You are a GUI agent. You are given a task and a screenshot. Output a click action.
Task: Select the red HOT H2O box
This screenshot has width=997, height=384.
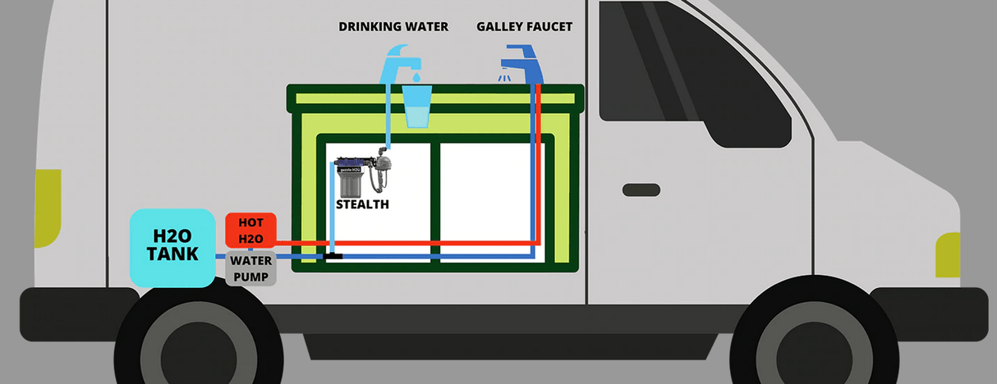250,231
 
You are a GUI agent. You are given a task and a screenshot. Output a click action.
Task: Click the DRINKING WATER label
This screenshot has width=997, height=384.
393,27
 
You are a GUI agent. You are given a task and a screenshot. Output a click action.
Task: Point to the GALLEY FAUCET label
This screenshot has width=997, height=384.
524,27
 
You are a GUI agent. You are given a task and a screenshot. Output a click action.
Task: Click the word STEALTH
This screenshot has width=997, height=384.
362,204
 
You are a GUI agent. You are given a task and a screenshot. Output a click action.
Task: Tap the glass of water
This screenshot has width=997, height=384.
417,107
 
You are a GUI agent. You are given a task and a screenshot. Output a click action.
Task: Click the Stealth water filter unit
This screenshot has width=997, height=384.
361,171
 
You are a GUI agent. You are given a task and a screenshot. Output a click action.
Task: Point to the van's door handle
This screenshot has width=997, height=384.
641,190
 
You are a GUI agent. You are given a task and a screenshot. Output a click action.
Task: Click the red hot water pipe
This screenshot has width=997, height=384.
411,243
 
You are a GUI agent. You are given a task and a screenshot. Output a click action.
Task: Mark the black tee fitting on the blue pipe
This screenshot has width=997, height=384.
333,256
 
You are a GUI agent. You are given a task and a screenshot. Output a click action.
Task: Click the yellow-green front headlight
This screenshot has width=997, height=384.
949,254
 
